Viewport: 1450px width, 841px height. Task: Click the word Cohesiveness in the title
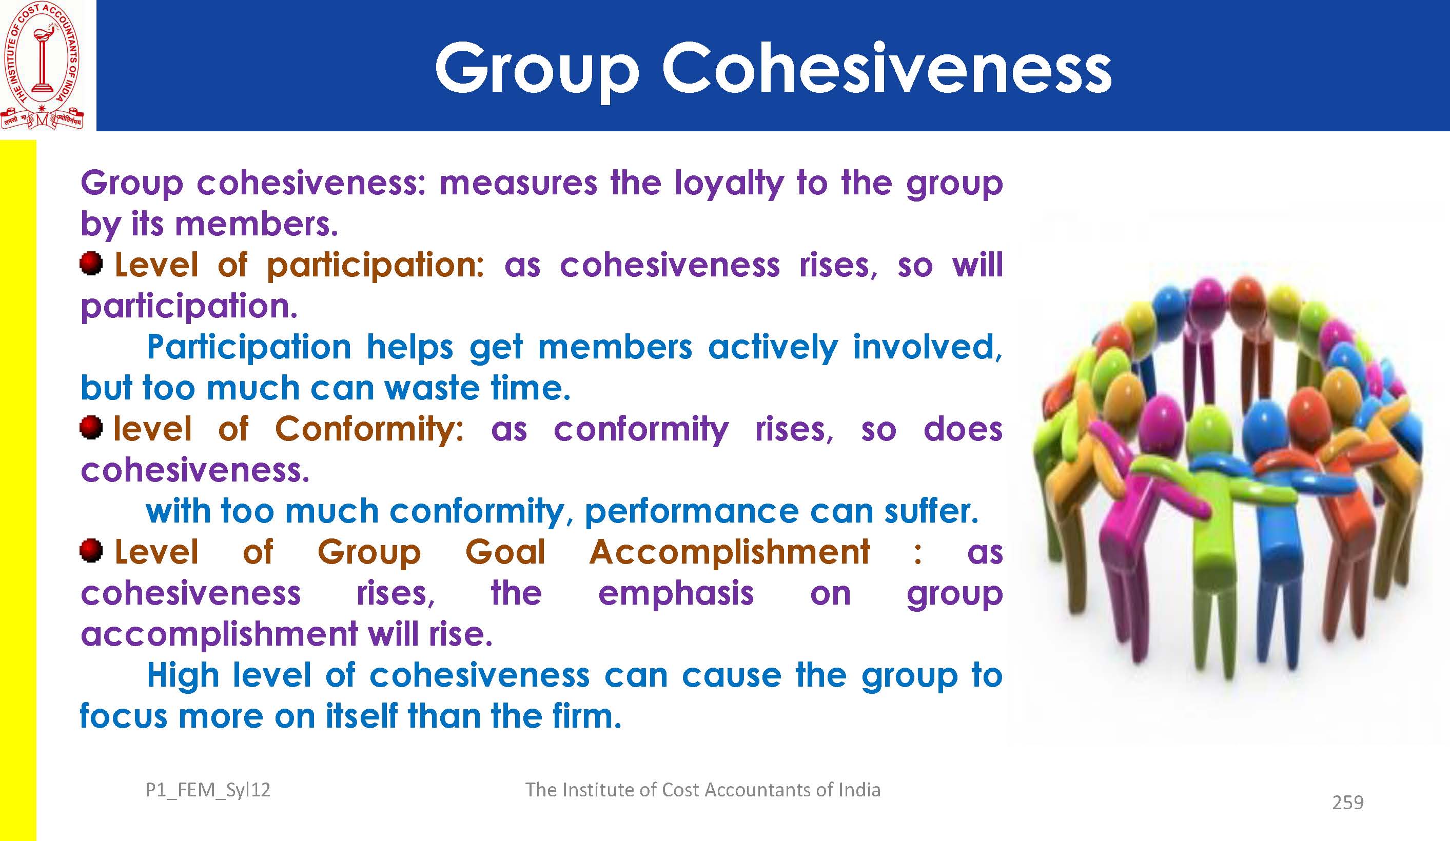tap(886, 68)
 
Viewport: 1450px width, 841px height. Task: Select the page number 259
tap(1347, 802)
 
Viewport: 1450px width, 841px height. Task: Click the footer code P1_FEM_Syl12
tap(208, 790)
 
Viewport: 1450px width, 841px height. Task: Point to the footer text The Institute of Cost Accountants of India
tap(702, 789)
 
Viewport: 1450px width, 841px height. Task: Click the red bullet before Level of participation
tap(91, 264)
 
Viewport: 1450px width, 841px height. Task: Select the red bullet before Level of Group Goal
tap(91, 551)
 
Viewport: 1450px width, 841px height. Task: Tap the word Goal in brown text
tap(505, 552)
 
